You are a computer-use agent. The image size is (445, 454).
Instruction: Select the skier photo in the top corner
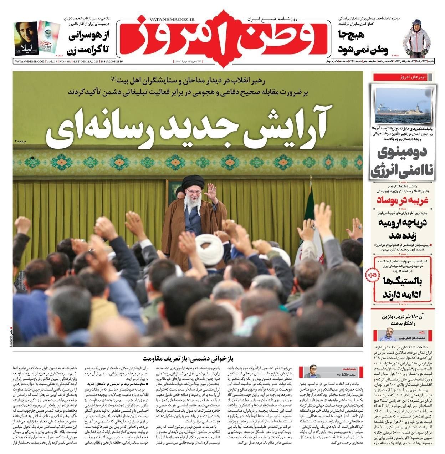coord(416,38)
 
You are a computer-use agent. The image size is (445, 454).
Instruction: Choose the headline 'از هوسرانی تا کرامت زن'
coord(88,42)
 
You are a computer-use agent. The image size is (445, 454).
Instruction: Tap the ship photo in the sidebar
coord(402,103)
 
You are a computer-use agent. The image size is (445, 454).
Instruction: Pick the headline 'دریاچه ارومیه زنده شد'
coord(402,229)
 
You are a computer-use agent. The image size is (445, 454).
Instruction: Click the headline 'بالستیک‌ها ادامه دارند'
coord(402,288)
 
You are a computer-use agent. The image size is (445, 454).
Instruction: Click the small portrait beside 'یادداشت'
coord(311,372)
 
